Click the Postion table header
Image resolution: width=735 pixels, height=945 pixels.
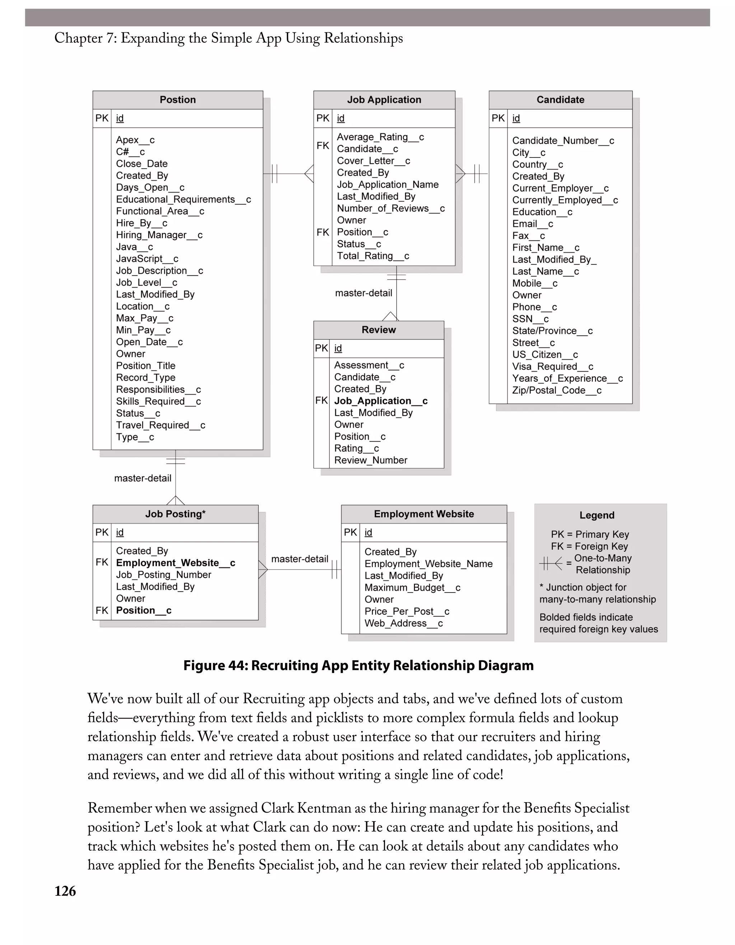click(x=177, y=100)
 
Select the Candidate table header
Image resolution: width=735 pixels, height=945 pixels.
click(x=560, y=100)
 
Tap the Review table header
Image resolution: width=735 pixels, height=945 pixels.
click(x=379, y=330)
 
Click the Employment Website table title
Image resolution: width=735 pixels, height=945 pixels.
click(x=423, y=514)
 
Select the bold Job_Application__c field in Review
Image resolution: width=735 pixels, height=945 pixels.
click(x=381, y=401)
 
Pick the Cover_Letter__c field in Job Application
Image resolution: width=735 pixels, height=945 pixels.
click(x=373, y=161)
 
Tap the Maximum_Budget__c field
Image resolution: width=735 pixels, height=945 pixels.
click(x=412, y=588)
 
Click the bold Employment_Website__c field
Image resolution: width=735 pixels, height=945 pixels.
click(x=175, y=563)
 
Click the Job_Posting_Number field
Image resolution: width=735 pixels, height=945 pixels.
click(x=164, y=575)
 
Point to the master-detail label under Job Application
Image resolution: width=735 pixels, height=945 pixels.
click(x=364, y=293)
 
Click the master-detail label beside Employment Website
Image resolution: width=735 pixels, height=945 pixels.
click(x=299, y=559)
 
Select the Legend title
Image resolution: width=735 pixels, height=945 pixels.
click(x=596, y=515)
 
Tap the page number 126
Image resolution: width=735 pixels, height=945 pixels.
click(x=65, y=892)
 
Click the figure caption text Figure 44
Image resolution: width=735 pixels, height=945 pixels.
click(x=358, y=665)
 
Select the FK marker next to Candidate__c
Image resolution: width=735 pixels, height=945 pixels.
click(x=323, y=146)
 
